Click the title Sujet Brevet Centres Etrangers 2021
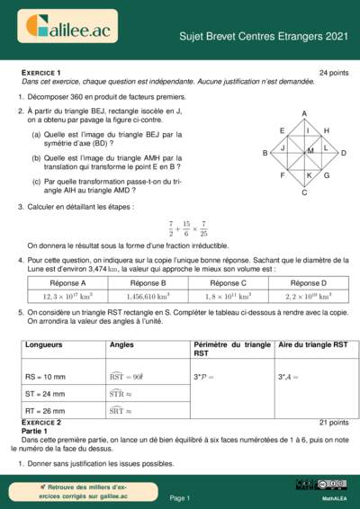[x=276, y=36]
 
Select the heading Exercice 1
[x=40, y=72]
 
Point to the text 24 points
[x=334, y=72]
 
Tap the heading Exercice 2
[x=40, y=422]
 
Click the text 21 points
[x=334, y=422]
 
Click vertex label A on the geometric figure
[x=304, y=113]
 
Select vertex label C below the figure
[x=304, y=192]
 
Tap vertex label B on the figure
[x=265, y=154]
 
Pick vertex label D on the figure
[x=344, y=154]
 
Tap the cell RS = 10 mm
[x=46, y=377]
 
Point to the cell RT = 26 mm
[x=46, y=411]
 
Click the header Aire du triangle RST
[x=313, y=344]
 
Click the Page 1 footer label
[x=180, y=497]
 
